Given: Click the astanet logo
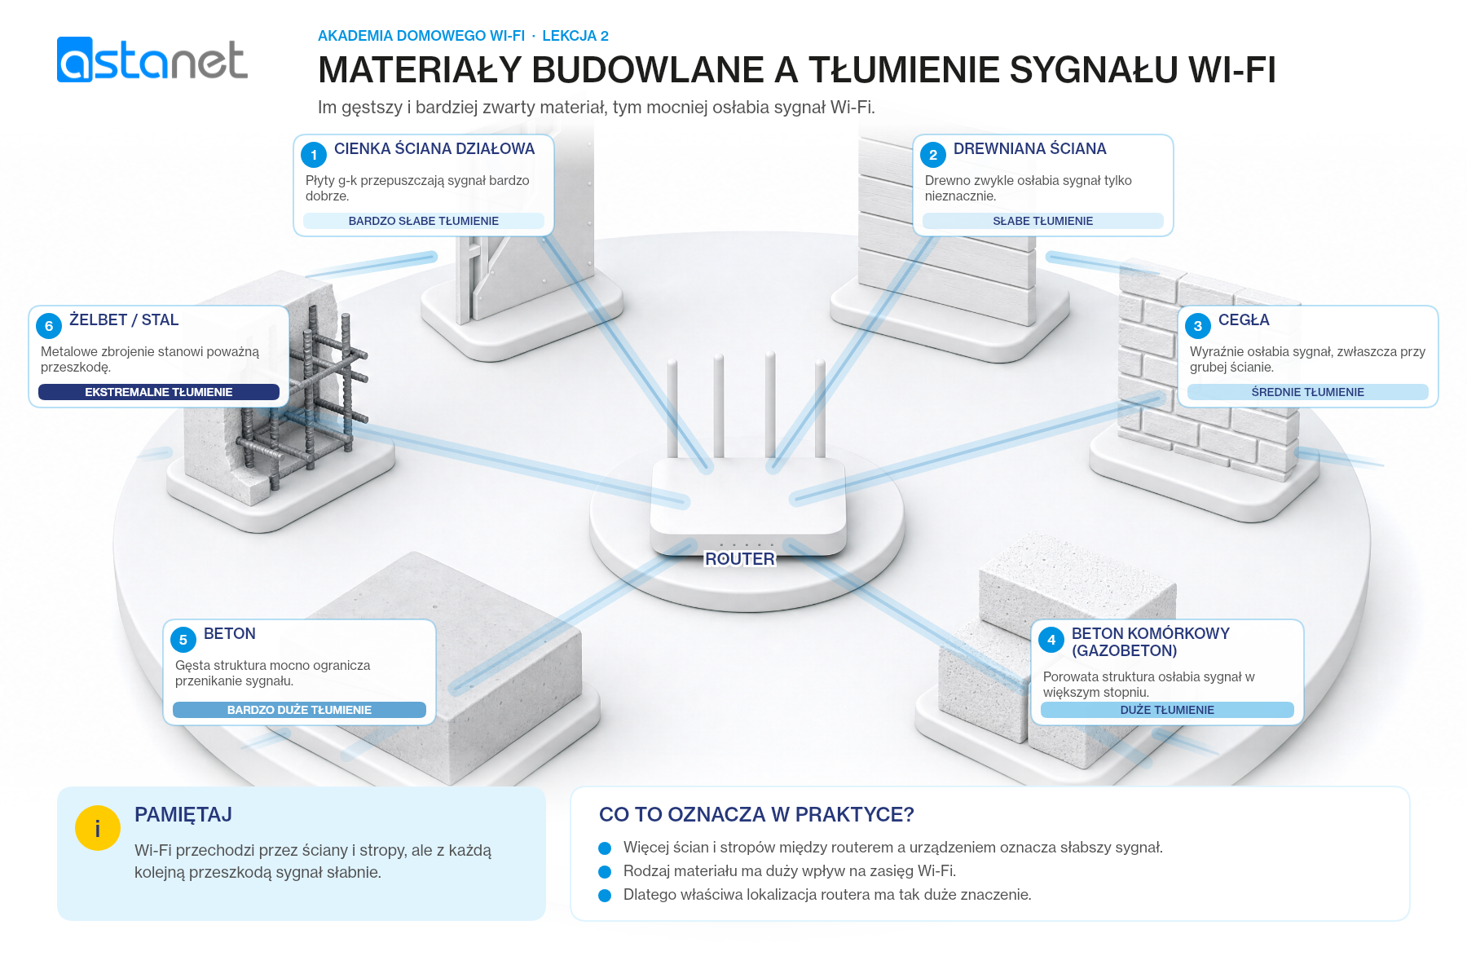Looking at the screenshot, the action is (152, 59).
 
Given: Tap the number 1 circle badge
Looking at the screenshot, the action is (314, 155).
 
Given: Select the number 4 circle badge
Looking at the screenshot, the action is (1051, 640).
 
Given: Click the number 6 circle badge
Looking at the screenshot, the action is (49, 326).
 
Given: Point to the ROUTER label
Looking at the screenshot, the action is (740, 559).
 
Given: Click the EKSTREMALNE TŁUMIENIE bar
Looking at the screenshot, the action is (159, 392).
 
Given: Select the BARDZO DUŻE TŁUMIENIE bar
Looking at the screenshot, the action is (299, 710).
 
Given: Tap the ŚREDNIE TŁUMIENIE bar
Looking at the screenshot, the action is (1308, 392).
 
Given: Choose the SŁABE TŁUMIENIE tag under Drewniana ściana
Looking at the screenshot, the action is (1043, 221).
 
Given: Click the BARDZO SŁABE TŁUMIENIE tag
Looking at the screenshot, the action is (424, 221).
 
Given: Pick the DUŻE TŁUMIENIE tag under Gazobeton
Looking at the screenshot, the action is (1167, 710).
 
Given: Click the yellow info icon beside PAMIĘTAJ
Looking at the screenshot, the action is (98, 828).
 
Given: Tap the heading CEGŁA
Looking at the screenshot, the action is (1244, 320).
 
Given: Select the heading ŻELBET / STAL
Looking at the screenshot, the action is (124, 319).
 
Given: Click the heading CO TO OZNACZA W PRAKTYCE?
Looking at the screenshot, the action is (756, 814).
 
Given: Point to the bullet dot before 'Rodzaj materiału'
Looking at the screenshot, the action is (605, 872).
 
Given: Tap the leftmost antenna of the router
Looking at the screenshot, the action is (672, 408).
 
